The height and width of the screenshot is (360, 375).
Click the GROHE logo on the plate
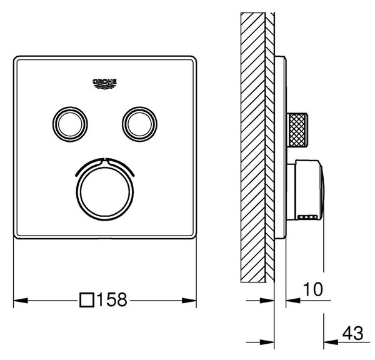tap(104, 84)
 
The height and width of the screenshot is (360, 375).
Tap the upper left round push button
tap(70, 124)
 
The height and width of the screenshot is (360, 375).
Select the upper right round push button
tap(139, 124)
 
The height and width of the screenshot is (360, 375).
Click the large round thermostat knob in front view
tap(105, 192)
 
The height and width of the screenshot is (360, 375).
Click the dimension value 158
tap(112, 299)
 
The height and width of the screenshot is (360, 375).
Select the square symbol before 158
tap(87, 300)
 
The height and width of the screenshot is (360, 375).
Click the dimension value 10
tap(313, 289)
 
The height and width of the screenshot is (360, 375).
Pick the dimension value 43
tap(352, 333)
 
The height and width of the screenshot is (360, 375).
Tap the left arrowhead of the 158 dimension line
tap(21, 301)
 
